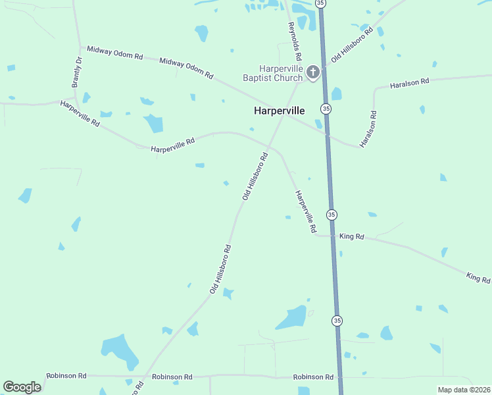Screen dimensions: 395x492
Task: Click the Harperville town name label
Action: tap(279, 111)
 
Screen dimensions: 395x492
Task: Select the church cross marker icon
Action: tap(312, 72)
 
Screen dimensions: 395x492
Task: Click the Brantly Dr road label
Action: tap(77, 72)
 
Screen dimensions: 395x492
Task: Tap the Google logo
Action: tap(22, 386)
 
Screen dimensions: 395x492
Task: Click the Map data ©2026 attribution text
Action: tap(464, 390)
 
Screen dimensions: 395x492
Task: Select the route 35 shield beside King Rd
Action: tap(332, 215)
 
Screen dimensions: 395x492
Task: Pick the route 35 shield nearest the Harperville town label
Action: tap(326, 108)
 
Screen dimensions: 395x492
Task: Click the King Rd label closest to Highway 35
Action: tap(351, 236)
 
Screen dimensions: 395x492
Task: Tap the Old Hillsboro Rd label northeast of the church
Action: tap(353, 45)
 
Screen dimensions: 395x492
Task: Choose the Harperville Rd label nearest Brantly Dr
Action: tap(80, 113)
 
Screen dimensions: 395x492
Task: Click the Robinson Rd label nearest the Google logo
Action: tap(66, 376)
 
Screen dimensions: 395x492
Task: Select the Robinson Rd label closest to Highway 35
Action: tap(313, 377)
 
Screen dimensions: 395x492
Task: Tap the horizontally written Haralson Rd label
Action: tap(409, 83)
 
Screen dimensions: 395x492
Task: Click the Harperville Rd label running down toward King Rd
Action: tap(306, 212)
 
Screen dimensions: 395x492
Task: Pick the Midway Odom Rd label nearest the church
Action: tap(186, 68)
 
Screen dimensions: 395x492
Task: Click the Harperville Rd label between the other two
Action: tap(173, 145)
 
